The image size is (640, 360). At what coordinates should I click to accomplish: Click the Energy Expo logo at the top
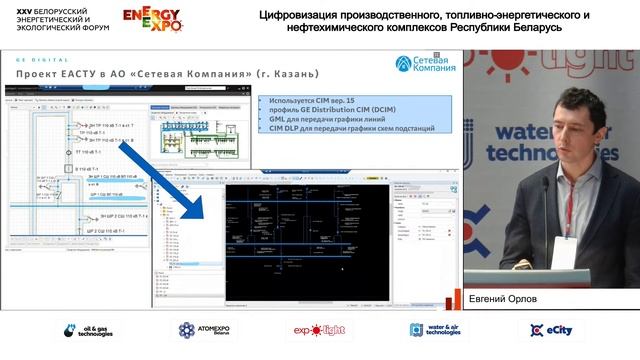152,21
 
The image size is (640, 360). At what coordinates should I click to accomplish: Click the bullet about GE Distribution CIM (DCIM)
330,110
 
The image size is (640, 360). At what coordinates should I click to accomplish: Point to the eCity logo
553,331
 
